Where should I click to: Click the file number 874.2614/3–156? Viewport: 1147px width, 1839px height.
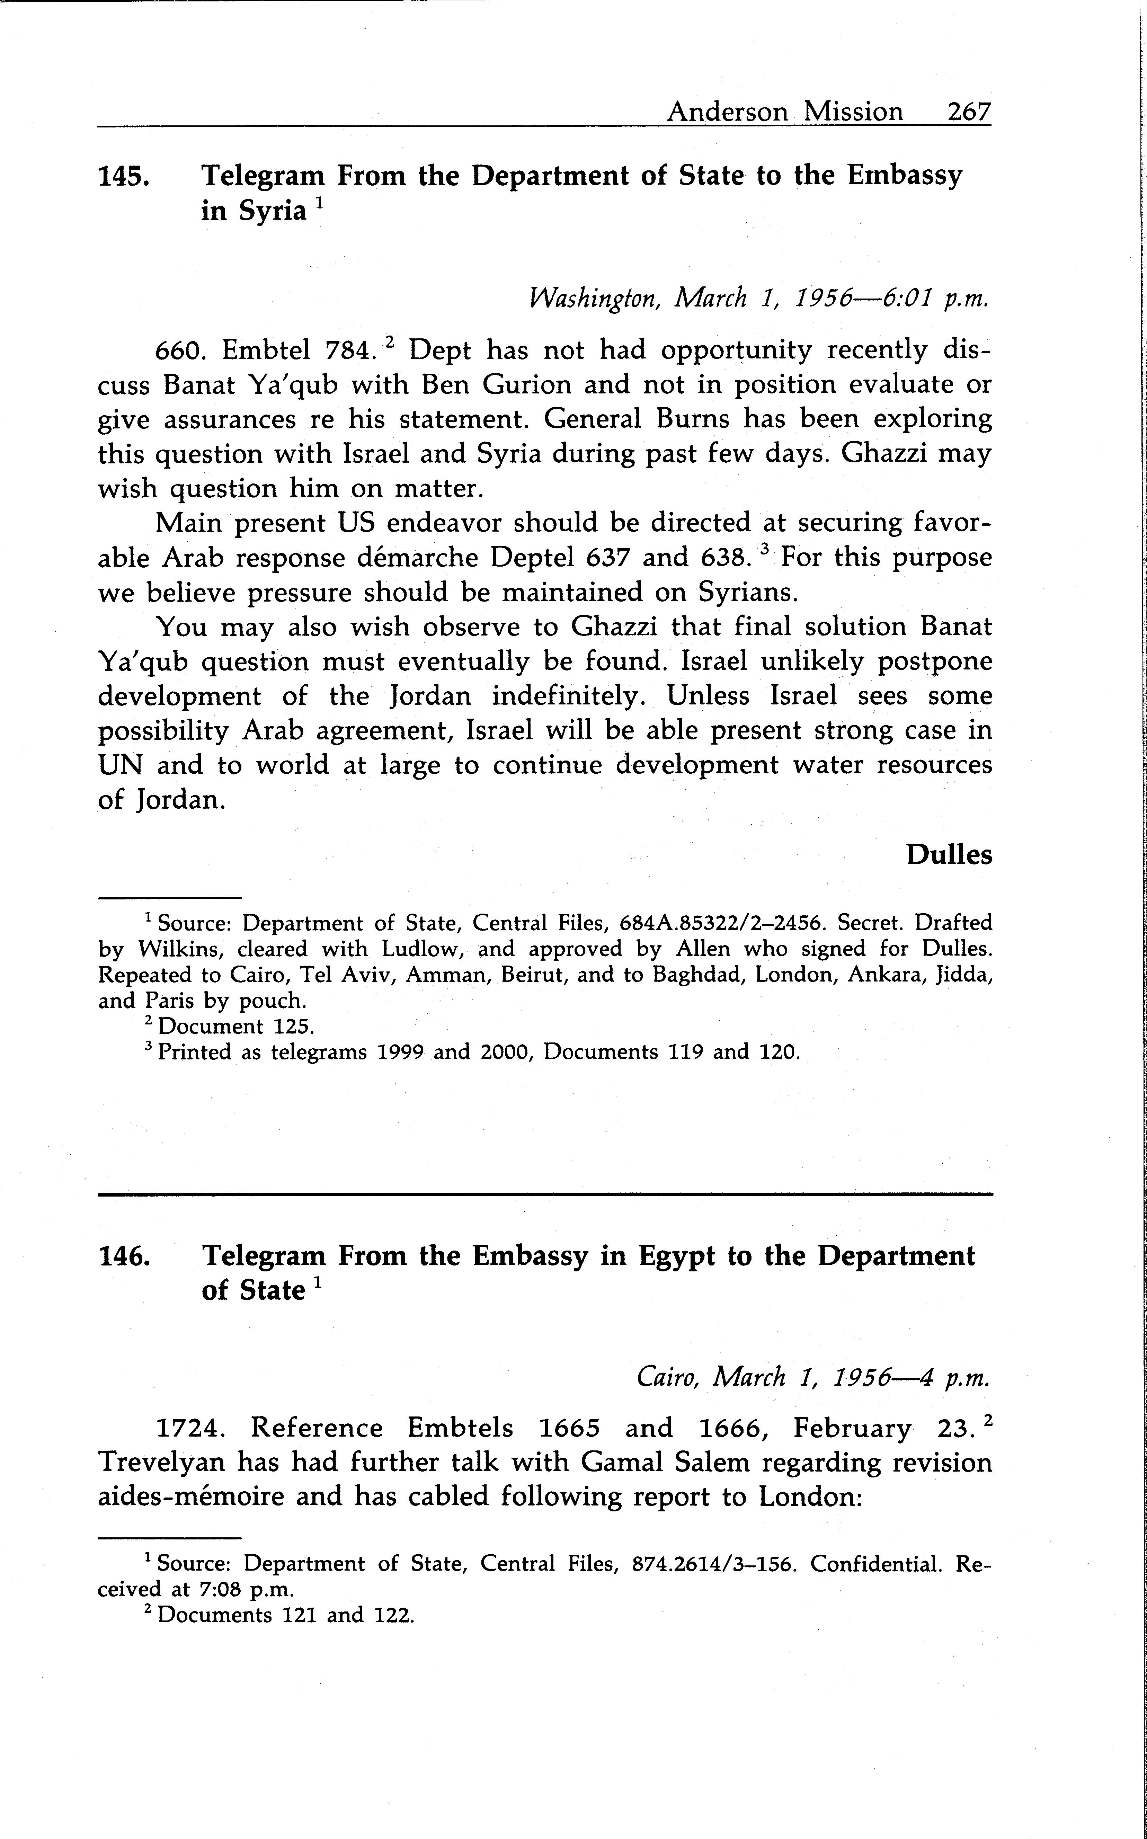pos(714,1564)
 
